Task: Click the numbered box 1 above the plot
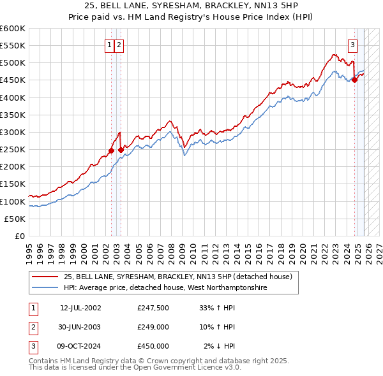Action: [x=110, y=45]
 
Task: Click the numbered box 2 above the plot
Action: [x=119, y=45]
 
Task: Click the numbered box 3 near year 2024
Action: [x=352, y=45]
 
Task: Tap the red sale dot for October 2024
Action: [x=354, y=80]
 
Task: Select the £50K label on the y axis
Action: [x=15, y=219]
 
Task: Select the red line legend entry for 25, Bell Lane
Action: [x=177, y=277]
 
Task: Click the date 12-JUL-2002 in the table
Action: [x=80, y=308]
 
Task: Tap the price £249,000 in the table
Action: [x=153, y=327]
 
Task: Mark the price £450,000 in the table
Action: [x=153, y=346]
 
